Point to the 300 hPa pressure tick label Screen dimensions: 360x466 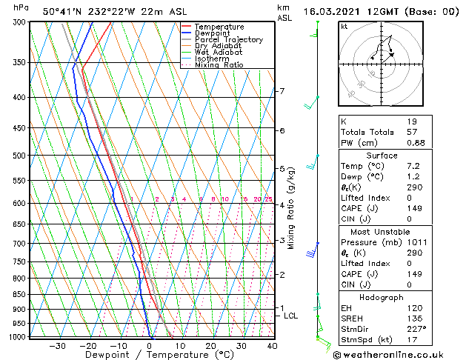point(19,22)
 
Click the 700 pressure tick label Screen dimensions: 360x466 point(19,244)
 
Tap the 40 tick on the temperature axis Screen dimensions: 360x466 point(272,346)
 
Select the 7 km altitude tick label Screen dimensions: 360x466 point(282,91)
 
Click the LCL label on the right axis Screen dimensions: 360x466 point(291,316)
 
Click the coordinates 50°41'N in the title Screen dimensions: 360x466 point(64,10)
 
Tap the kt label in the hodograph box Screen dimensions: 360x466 point(344,27)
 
